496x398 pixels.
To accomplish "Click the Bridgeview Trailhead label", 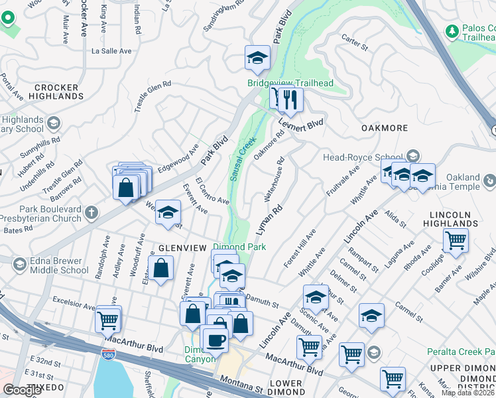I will click(x=290, y=83).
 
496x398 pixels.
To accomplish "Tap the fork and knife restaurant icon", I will click(x=290, y=100).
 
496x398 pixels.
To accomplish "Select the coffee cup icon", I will click(x=214, y=341).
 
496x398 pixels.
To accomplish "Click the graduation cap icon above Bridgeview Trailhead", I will click(x=257, y=58).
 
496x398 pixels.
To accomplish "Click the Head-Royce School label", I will click(x=363, y=157).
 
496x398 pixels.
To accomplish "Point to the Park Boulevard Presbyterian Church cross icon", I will click(x=92, y=213).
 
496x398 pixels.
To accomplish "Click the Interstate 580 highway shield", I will click(x=107, y=355).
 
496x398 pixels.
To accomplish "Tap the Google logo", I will click(x=23, y=390).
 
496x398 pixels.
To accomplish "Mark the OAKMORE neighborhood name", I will click(x=383, y=127).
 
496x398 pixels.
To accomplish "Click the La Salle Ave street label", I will click(x=111, y=50).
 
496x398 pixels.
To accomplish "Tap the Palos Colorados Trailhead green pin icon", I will click(x=452, y=31).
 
